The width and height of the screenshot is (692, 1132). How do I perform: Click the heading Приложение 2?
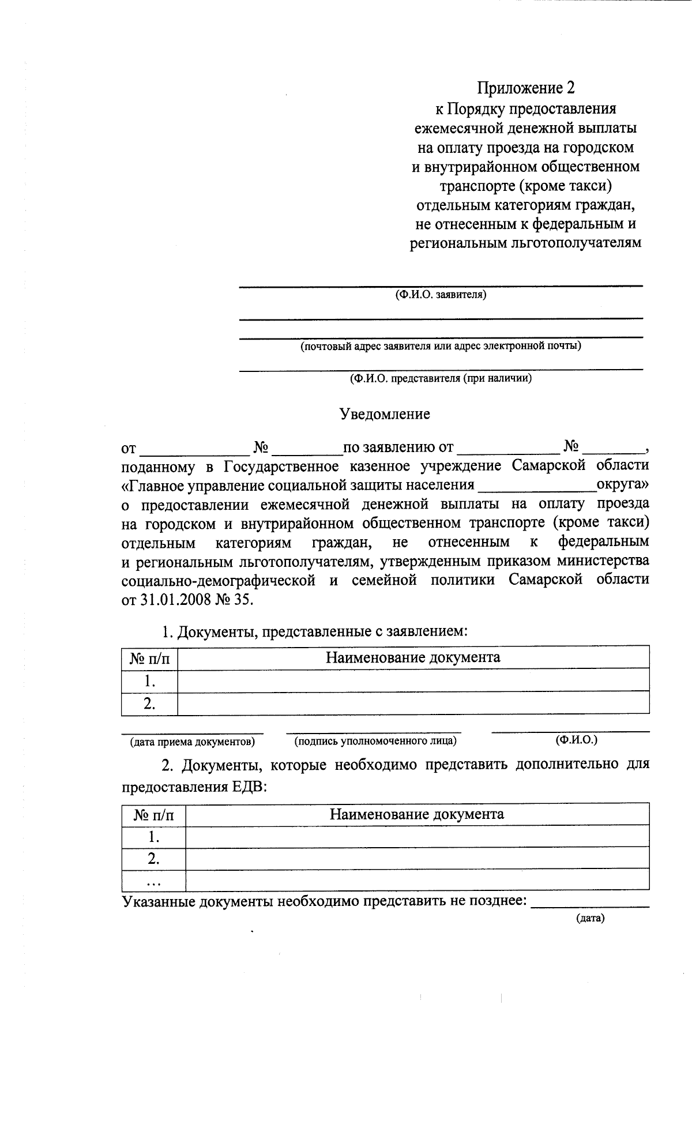pos(525,88)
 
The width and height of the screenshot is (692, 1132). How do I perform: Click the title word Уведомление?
pos(385,414)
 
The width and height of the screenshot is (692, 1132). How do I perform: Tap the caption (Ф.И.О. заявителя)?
pos(441,295)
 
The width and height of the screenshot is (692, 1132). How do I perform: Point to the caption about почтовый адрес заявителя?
pos(440,346)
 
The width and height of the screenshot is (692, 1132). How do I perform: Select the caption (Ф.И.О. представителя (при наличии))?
pos(441,378)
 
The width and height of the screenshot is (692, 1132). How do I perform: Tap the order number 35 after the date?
pos(243,599)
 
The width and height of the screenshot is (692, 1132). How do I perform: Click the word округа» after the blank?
pos(622,484)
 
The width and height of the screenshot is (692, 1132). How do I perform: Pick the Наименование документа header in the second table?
pos(416,814)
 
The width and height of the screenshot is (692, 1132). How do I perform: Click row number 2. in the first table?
pos(150,703)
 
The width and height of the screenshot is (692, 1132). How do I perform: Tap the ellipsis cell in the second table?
pos(153,881)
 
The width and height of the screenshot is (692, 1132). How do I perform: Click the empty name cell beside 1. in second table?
pos(416,836)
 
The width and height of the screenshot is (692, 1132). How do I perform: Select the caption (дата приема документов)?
pos(192,742)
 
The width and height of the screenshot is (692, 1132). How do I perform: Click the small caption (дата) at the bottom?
pos(590,919)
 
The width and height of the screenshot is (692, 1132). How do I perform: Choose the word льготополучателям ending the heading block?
pos(576,243)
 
